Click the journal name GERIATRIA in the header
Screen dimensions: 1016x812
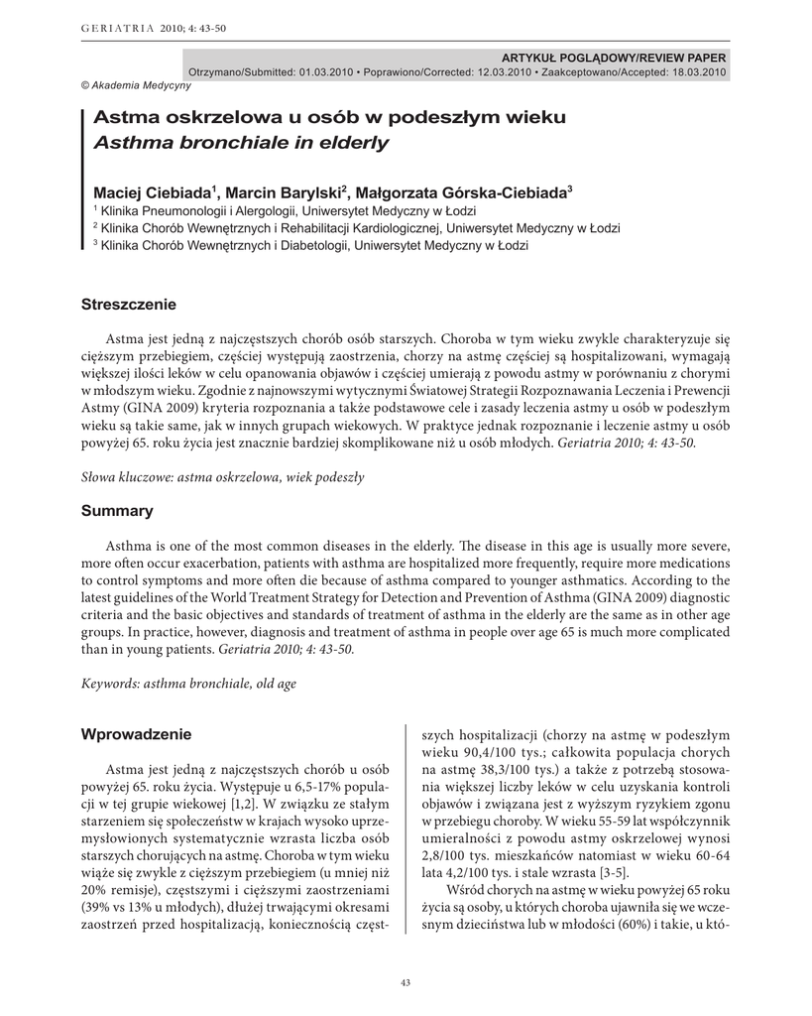point(112,28)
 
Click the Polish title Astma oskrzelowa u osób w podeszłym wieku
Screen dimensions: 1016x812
point(329,118)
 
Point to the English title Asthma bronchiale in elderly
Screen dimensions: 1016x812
point(241,144)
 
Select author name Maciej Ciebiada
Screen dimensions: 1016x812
point(154,191)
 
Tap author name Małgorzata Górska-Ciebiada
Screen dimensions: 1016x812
point(462,191)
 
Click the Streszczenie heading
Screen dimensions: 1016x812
point(128,304)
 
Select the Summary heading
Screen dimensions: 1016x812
point(117,511)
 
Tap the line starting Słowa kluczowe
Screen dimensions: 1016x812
point(222,477)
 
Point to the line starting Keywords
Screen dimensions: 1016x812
point(187,684)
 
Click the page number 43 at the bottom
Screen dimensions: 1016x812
point(405,982)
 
